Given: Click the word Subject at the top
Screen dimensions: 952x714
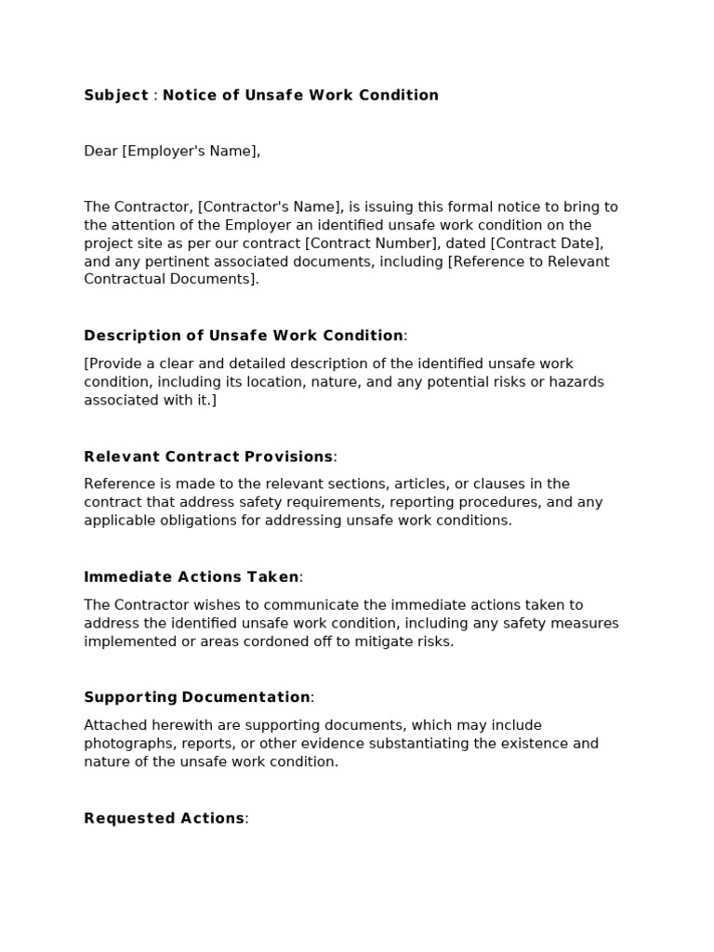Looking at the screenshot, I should click(116, 95).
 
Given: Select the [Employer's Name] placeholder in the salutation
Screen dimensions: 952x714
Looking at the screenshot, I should click(191, 151).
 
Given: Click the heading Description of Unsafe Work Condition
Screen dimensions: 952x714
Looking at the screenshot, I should click(244, 336).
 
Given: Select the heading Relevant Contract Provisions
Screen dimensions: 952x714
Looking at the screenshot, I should click(208, 456).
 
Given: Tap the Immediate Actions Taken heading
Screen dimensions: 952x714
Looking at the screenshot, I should click(192, 577).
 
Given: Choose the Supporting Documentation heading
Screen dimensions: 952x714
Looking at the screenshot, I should click(197, 697).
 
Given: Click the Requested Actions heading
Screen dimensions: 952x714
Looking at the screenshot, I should click(165, 818).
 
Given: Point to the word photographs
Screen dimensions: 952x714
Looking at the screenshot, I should click(126, 744).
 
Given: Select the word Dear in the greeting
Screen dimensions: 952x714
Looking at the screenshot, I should click(100, 151).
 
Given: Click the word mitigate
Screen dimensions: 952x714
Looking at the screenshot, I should click(381, 641).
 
